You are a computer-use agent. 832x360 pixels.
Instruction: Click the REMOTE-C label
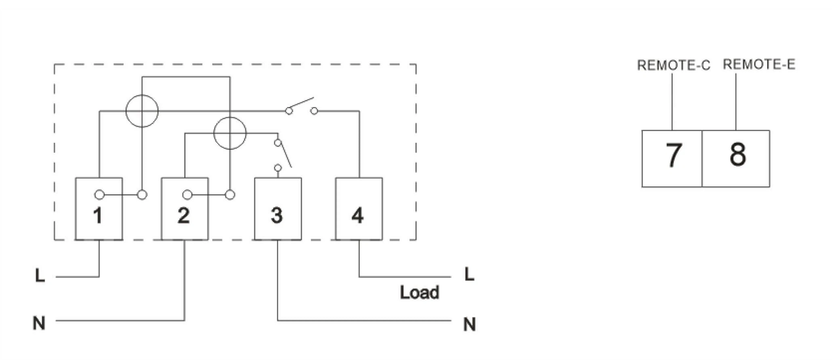673,65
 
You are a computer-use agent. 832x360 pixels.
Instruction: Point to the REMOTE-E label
759,65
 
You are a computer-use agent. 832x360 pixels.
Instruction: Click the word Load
419,293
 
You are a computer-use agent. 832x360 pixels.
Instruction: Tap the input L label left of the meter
40,276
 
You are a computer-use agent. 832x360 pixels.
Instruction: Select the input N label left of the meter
39,323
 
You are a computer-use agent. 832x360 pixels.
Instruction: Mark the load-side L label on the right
469,274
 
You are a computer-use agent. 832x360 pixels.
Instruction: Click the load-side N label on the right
469,324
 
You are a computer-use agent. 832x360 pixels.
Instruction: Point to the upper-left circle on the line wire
142,111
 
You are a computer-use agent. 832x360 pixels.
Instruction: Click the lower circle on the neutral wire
230,133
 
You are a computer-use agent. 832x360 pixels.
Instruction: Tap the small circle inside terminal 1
99,195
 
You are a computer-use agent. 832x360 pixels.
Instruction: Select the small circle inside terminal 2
187,195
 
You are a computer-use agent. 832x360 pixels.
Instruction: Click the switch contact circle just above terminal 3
278,168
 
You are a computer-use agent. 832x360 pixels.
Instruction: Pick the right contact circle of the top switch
314,111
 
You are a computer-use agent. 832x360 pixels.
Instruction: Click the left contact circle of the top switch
289,111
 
